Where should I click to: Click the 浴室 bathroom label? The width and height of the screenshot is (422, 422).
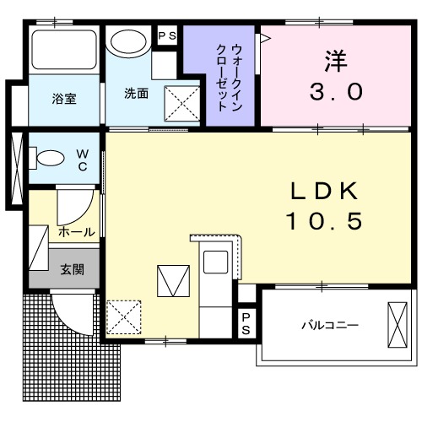click(64, 99)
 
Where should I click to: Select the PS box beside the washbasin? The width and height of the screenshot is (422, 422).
click(166, 37)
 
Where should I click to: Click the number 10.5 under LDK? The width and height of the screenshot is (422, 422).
click(325, 221)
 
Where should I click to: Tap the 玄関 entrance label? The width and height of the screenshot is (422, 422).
click(72, 270)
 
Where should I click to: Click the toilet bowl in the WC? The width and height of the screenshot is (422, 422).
click(50, 157)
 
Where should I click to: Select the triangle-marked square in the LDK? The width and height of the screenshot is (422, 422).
click(173, 280)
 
